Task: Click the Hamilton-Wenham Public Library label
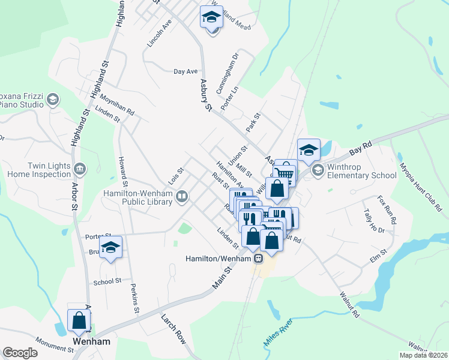(x=138, y=197)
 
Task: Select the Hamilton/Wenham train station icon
(x=258, y=259)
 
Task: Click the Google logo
(x=20, y=353)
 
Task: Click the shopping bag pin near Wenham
(x=79, y=321)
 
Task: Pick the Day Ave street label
(x=185, y=71)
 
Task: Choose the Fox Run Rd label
(x=388, y=207)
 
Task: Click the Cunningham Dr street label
(x=235, y=67)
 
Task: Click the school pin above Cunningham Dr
(x=211, y=19)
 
